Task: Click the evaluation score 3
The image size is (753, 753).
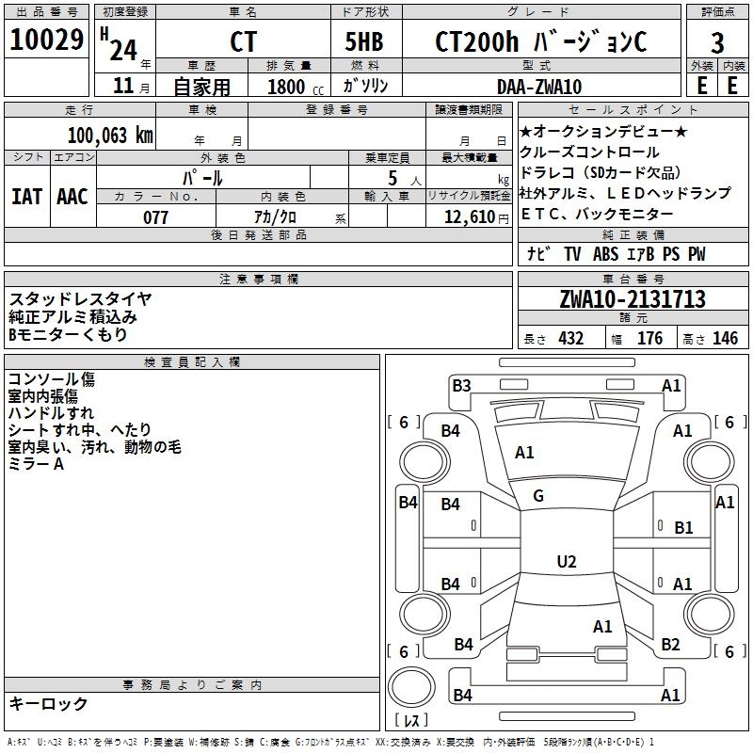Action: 717,43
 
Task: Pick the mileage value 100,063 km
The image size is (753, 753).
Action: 109,135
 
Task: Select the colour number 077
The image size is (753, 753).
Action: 155,217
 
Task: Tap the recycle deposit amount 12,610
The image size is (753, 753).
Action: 468,217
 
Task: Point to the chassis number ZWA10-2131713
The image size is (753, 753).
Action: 632,299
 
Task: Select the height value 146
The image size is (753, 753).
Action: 725,339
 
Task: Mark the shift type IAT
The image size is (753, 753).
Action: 26,196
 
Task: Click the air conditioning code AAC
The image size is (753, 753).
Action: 72,196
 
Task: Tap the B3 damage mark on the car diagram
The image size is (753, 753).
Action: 461,385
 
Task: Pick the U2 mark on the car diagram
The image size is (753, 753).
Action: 566,562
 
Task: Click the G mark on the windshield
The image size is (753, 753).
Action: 538,496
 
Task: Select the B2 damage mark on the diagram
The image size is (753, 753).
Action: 670,644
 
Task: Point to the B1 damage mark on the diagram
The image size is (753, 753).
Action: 683,527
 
